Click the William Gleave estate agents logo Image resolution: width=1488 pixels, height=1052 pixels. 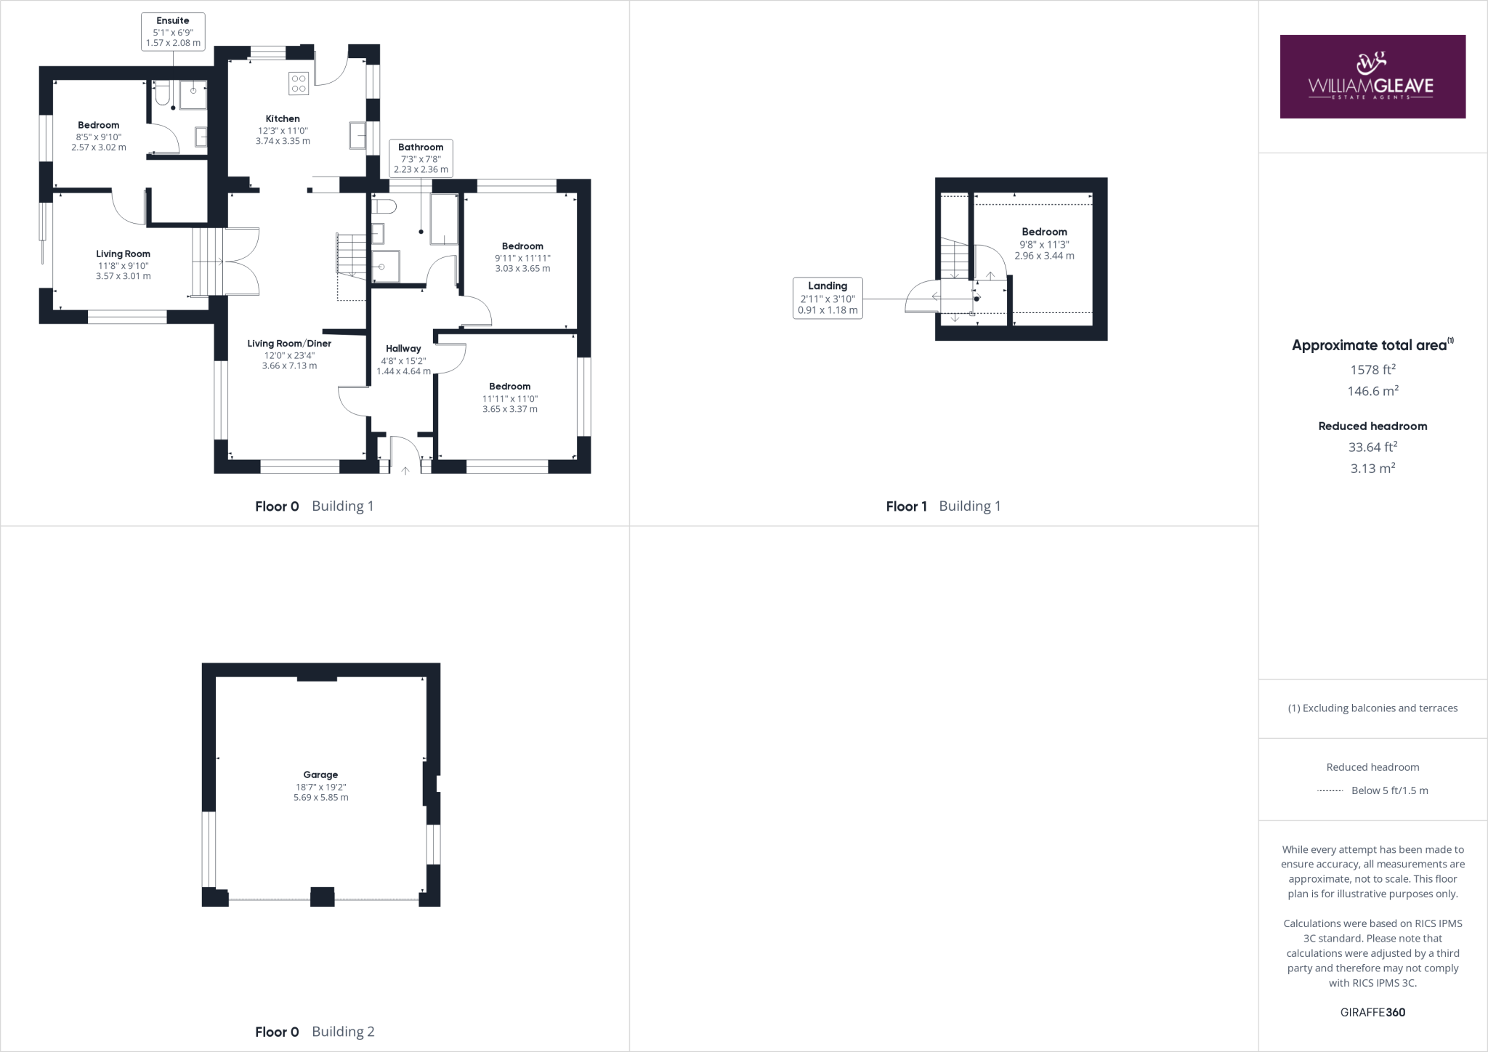point(1372,76)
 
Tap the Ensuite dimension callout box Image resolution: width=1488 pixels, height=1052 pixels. point(173,32)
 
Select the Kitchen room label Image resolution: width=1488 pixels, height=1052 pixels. point(283,118)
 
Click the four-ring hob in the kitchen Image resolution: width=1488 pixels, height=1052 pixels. point(299,83)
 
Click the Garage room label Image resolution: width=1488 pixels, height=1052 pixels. point(320,774)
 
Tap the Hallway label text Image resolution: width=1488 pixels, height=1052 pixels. point(403,349)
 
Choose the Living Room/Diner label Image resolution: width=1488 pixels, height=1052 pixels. point(289,344)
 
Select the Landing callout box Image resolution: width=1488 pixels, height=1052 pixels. point(828,298)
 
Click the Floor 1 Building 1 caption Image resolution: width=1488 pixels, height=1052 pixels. point(943,506)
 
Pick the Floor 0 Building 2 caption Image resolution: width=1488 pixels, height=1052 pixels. point(315,1032)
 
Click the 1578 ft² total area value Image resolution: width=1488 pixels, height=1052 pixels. point(1372,369)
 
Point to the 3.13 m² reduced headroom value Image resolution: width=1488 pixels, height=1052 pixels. point(1372,469)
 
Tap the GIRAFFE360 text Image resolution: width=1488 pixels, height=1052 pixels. point(1372,1013)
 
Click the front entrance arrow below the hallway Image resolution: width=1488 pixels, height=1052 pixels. point(405,470)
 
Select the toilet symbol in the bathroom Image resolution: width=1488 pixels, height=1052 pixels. point(383,207)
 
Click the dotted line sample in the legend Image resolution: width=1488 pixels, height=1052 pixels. point(1330,790)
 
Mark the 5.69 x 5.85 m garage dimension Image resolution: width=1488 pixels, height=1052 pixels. point(320,797)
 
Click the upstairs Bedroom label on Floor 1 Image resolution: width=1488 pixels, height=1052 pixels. point(1044,232)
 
